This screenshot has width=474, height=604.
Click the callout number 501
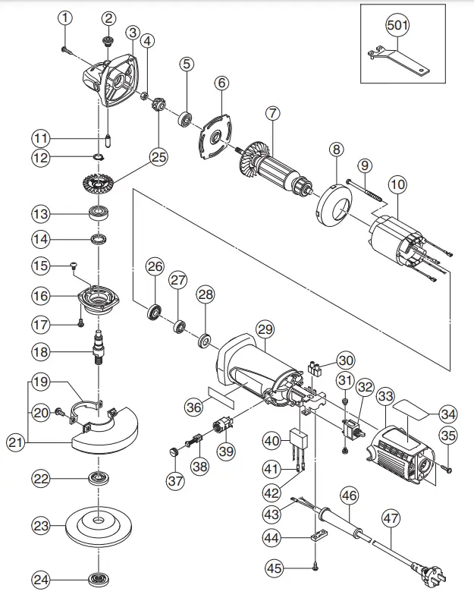tap(397, 24)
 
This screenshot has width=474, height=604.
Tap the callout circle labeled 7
tap(272, 113)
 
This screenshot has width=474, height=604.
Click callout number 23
tap(42, 525)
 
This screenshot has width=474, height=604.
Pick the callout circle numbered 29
tap(264, 329)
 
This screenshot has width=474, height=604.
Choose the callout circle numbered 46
tap(348, 496)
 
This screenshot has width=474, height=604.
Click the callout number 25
tap(158, 157)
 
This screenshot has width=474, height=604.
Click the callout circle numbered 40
tap(272, 441)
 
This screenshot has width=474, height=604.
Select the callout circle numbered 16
tap(42, 294)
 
